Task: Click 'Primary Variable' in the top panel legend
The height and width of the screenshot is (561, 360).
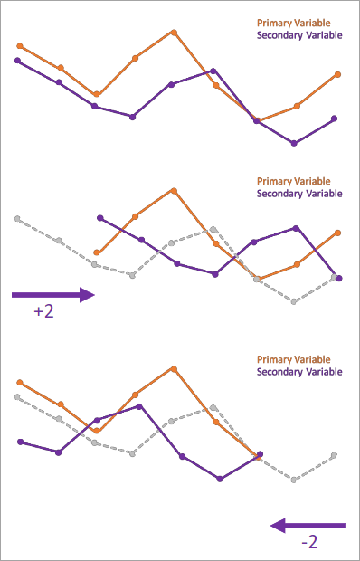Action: click(x=299, y=23)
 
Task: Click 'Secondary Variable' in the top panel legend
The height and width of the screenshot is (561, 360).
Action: click(x=299, y=35)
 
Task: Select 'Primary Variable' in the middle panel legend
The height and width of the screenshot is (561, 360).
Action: click(x=299, y=181)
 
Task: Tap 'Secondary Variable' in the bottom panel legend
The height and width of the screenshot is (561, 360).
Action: click(x=299, y=372)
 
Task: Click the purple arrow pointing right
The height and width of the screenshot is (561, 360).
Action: click(x=53, y=294)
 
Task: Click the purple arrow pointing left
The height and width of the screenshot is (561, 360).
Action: click(x=308, y=525)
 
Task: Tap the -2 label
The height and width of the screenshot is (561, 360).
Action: click(x=309, y=543)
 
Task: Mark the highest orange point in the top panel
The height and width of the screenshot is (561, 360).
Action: click(x=173, y=32)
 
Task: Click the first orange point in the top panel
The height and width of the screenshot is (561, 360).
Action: click(x=20, y=45)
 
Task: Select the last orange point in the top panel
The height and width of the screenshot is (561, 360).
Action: click(x=337, y=74)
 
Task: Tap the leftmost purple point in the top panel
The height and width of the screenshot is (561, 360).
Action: click(x=18, y=61)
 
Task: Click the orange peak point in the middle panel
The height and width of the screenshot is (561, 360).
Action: click(x=173, y=190)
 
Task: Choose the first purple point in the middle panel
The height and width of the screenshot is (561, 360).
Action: click(x=99, y=218)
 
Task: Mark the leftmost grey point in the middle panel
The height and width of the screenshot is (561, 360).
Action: click(x=17, y=218)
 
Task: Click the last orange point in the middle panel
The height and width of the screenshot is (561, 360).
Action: click(x=337, y=233)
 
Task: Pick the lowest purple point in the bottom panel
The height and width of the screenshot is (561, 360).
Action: click(x=220, y=479)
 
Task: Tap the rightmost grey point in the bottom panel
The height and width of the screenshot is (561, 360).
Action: click(x=335, y=454)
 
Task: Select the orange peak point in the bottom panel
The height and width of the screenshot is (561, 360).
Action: click(x=173, y=368)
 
